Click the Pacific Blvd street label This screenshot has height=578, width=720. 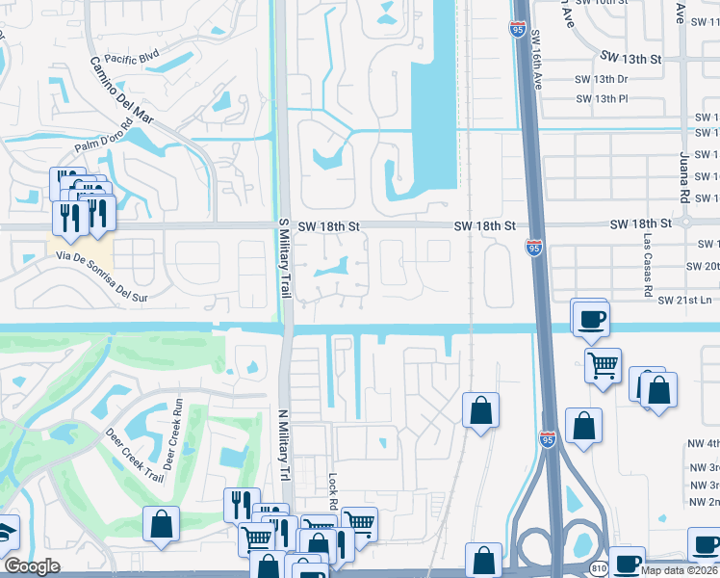point(132,58)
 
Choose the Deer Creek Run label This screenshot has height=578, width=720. point(171,433)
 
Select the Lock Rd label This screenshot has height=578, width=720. point(332,492)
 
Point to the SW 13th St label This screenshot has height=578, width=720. point(631,59)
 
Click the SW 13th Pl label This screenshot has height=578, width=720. point(602,98)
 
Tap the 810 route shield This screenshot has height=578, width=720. point(599,567)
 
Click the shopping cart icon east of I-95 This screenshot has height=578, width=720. point(603,364)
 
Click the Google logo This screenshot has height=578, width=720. point(33,566)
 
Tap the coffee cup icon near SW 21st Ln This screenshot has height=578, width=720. point(591,317)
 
